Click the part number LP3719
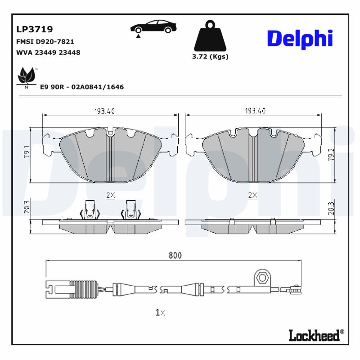click(35, 30)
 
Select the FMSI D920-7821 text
click(45, 41)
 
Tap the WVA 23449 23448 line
click(48, 52)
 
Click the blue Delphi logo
click(300, 39)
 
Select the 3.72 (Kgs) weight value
click(210, 57)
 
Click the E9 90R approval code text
click(82, 87)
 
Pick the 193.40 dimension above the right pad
click(255, 111)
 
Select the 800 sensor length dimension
click(175, 256)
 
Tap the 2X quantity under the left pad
click(110, 195)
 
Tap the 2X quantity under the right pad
click(252, 195)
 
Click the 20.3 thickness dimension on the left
click(27, 207)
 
